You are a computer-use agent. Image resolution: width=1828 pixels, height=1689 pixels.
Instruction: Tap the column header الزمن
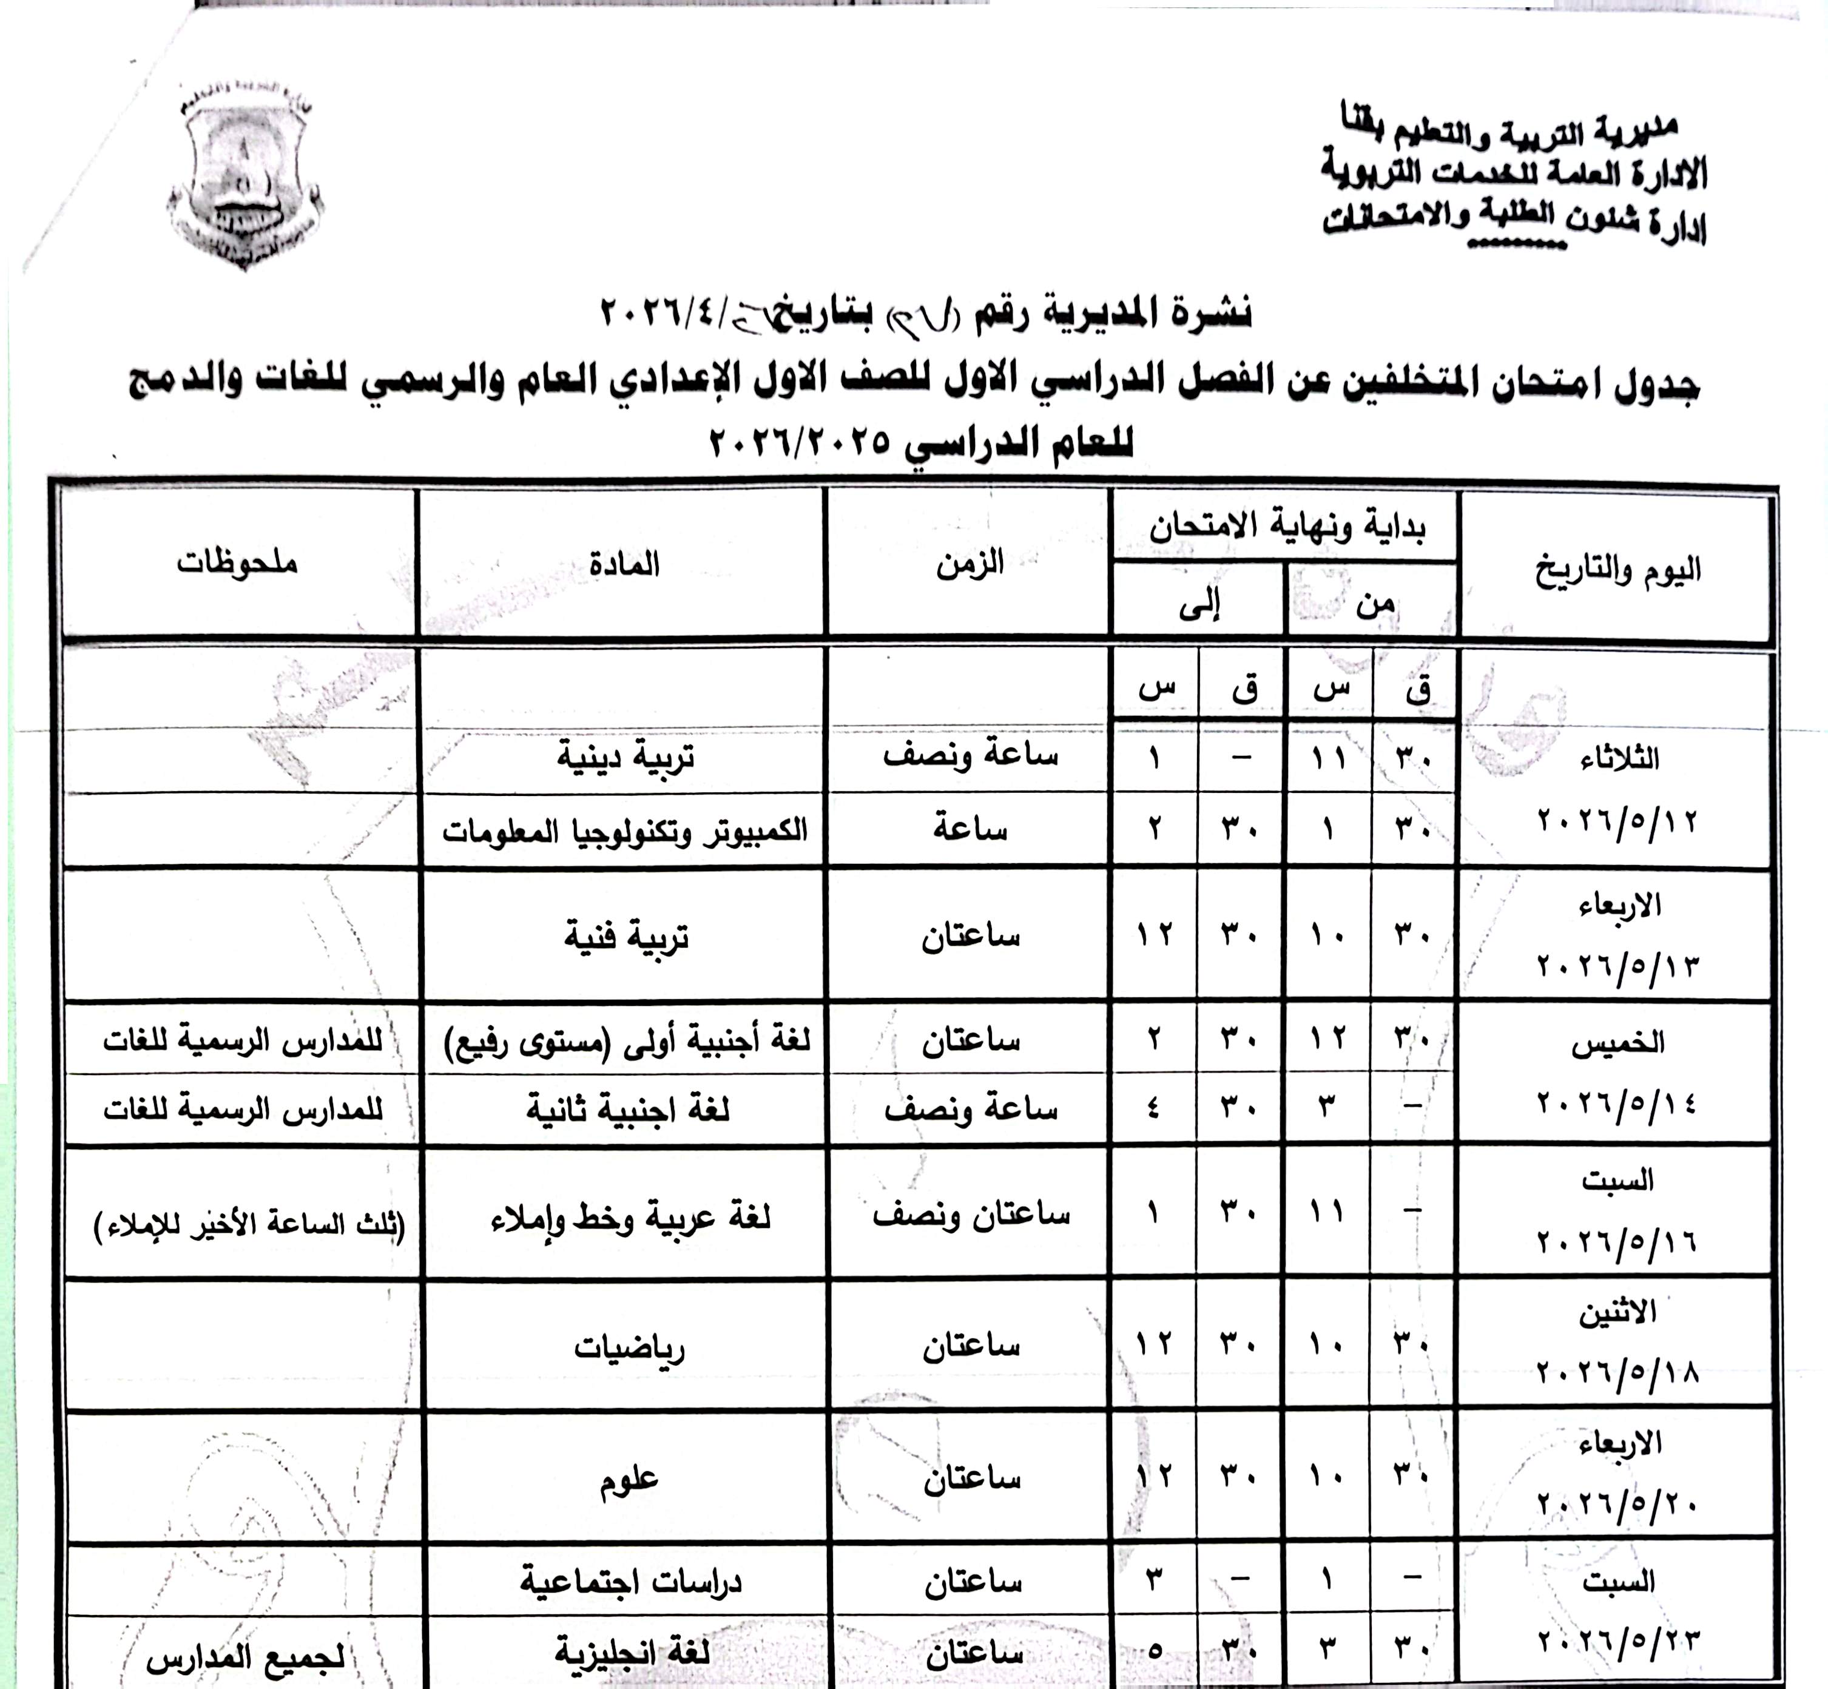970,563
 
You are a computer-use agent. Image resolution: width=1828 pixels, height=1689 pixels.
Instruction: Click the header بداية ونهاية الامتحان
1287,527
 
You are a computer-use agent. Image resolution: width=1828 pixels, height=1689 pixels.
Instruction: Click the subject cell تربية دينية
626,757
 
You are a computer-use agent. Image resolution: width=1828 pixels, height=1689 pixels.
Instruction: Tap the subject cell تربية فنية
626,937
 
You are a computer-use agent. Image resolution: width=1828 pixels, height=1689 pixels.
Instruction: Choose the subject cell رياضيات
629,1348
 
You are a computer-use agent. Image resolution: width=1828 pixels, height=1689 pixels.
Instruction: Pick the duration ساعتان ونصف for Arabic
971,1215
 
